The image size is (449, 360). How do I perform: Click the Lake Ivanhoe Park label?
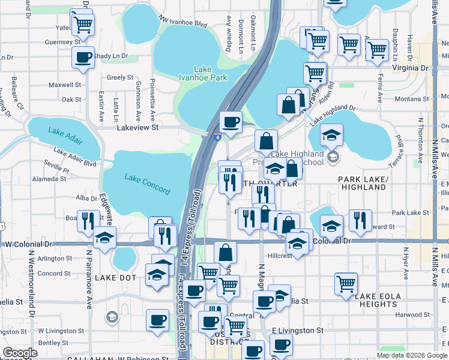click(x=203, y=73)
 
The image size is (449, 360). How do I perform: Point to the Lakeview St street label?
click(x=137, y=127)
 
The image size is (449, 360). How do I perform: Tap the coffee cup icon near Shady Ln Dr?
click(x=83, y=58)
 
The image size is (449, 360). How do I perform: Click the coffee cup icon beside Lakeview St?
click(x=231, y=122)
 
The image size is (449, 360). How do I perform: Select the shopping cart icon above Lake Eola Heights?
click(x=346, y=283)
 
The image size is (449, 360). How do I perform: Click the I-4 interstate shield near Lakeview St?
click(x=217, y=137)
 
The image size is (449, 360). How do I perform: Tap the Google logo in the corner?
click(x=20, y=353)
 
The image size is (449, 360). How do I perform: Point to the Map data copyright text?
click(x=412, y=355)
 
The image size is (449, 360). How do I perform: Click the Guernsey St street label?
click(x=62, y=43)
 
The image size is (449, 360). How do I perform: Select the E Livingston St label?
click(x=298, y=331)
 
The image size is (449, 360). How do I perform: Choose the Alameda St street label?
click(x=52, y=179)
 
